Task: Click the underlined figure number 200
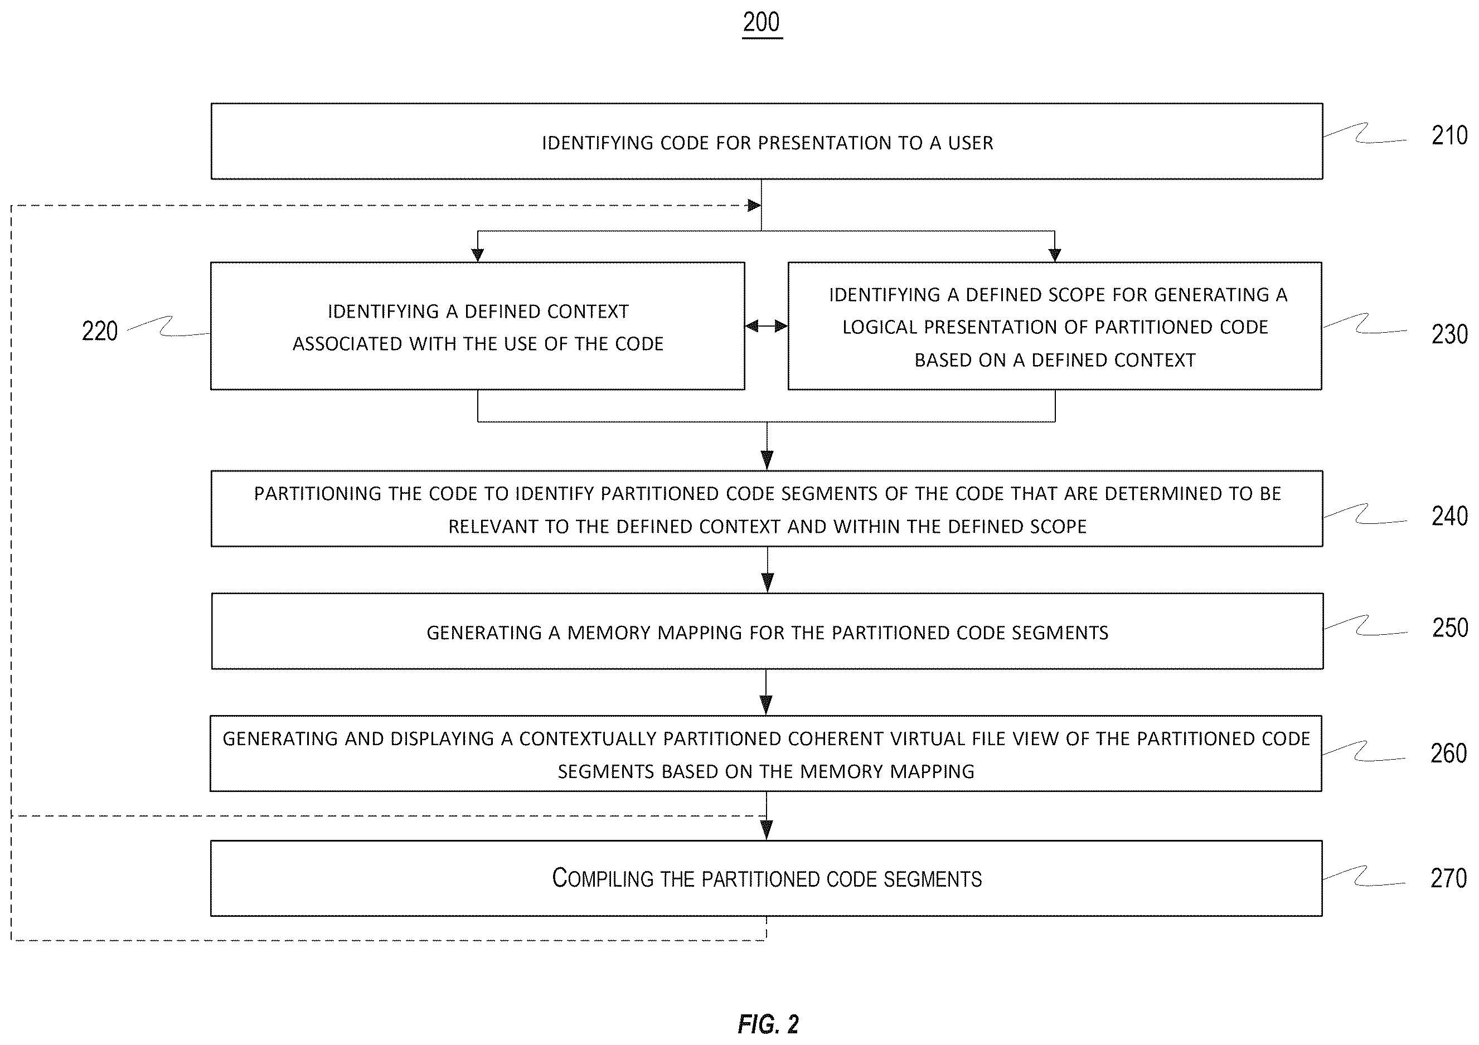click(762, 22)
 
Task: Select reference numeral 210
click(1449, 135)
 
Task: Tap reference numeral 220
click(100, 331)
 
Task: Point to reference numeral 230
click(1449, 334)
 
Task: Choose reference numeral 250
click(1449, 628)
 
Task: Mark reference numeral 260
click(1448, 754)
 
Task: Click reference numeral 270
click(1448, 878)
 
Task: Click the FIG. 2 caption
click(768, 1024)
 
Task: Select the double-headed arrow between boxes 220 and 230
click(767, 326)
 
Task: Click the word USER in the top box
click(970, 142)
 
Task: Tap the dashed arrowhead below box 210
click(754, 206)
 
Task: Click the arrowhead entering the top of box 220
click(477, 255)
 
